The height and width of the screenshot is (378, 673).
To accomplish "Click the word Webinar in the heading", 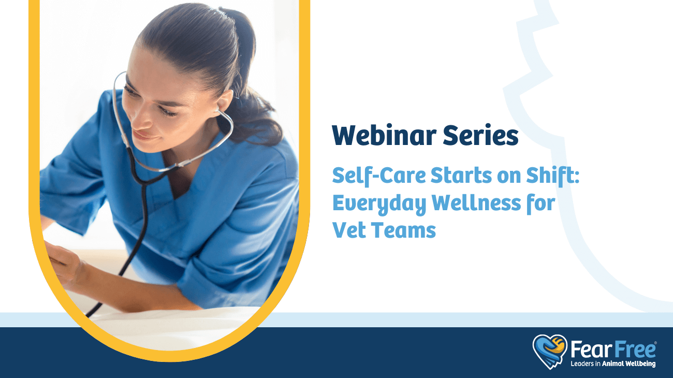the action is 384,135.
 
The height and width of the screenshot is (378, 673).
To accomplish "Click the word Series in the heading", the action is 481,135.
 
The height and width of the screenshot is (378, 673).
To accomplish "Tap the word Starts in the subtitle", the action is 461,175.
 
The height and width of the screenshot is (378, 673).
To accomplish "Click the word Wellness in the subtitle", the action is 476,203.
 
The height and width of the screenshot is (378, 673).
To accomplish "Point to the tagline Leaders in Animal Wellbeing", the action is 613,364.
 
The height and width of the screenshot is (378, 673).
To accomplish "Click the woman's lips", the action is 143,136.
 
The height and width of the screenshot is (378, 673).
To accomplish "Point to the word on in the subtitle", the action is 509,177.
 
